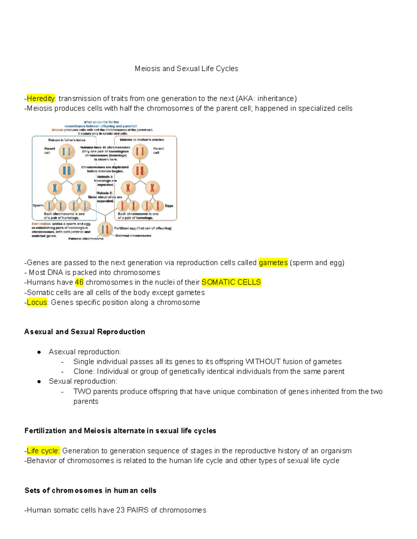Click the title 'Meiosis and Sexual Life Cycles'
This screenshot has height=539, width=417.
(186, 69)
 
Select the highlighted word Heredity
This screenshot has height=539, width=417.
(41, 99)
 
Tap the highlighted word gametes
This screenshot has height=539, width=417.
(273, 263)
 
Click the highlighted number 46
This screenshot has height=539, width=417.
(79, 283)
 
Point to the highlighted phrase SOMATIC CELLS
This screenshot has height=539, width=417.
(231, 283)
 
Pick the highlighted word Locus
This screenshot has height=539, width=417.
(37, 302)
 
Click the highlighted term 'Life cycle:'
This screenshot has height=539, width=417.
(43, 451)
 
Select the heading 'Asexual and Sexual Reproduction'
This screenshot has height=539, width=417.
(85, 332)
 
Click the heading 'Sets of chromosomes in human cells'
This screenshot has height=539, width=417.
(90, 490)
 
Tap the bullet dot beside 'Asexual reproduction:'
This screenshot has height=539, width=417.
(39, 352)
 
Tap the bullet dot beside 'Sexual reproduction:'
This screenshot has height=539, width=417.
(39, 381)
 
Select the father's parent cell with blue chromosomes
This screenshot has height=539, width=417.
(66, 152)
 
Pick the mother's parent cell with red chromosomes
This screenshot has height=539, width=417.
(140, 152)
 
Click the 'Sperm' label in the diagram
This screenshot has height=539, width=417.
(38, 205)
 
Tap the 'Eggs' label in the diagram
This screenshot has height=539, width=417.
(169, 206)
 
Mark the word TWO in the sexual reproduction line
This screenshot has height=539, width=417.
(82, 391)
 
